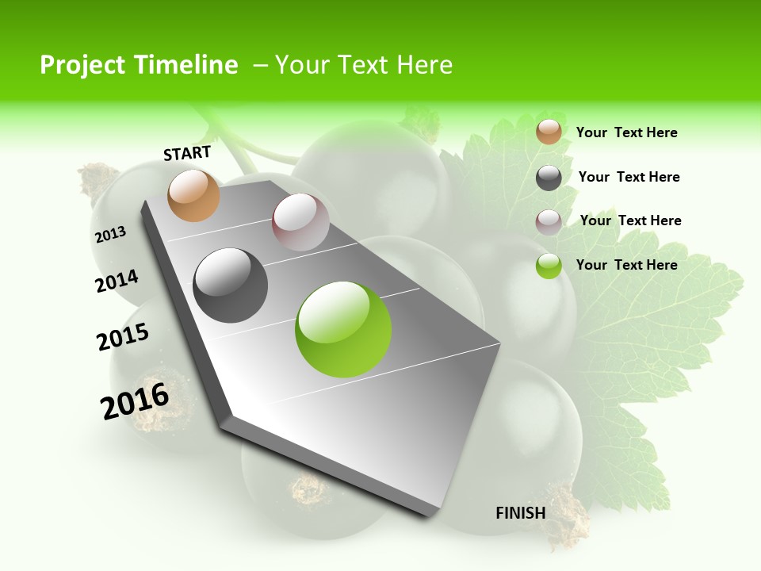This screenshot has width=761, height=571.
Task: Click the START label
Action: (187, 153)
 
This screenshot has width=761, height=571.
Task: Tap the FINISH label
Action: (521, 513)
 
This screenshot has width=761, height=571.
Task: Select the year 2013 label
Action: (111, 234)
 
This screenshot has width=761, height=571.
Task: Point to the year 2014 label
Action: (117, 281)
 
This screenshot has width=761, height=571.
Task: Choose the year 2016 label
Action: (135, 401)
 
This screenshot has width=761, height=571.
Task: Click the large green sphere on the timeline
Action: (343, 329)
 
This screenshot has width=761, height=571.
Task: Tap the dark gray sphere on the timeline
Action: (231, 285)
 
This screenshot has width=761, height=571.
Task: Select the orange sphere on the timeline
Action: (194, 195)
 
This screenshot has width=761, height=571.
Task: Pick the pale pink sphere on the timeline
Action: (300, 222)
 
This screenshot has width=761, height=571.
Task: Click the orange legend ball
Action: (549, 132)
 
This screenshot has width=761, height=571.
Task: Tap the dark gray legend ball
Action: (549, 178)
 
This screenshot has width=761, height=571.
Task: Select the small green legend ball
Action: (549, 266)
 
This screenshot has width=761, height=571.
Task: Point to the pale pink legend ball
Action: (549, 222)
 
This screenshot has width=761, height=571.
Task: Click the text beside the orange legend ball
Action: (626, 132)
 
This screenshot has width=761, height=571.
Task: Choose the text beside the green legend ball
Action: (626, 265)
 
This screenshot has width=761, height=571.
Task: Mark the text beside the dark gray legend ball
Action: (629, 177)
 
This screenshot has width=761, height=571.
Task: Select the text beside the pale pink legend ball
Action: (630, 220)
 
